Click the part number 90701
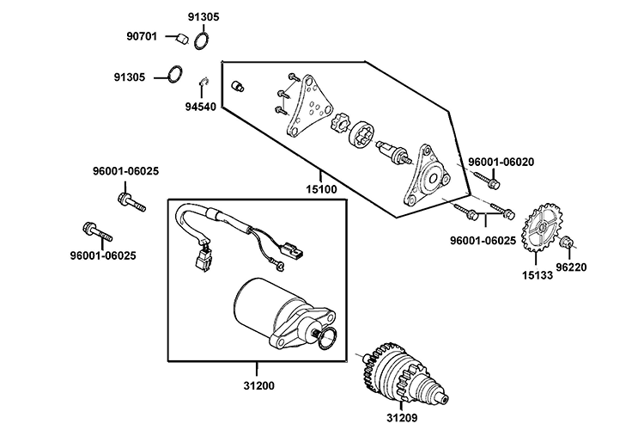(x=142, y=36)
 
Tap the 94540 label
(x=199, y=107)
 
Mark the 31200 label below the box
(x=258, y=385)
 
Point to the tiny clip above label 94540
(x=206, y=83)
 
